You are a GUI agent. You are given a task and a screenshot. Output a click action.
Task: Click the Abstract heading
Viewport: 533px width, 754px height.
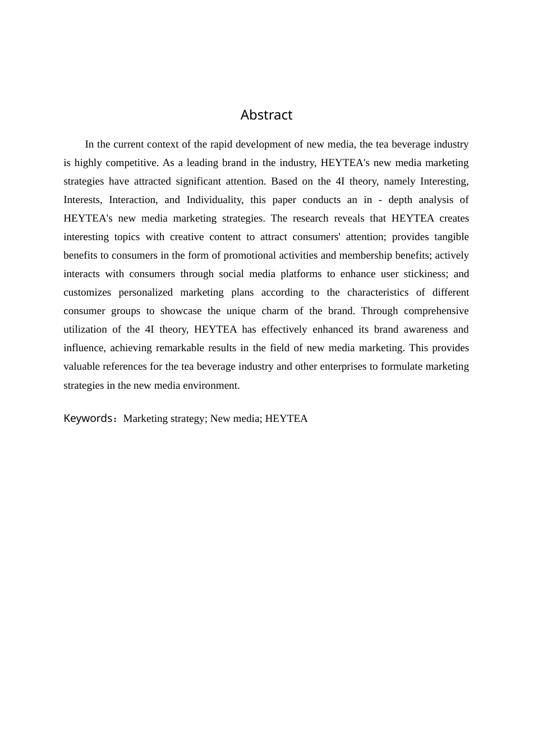(266, 115)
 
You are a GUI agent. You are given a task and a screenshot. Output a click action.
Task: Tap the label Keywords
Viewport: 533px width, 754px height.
(89, 419)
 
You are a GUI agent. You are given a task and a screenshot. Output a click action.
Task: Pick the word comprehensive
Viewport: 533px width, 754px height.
(436, 311)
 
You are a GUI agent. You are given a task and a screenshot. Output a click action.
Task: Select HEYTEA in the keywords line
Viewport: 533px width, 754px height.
(286, 419)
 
